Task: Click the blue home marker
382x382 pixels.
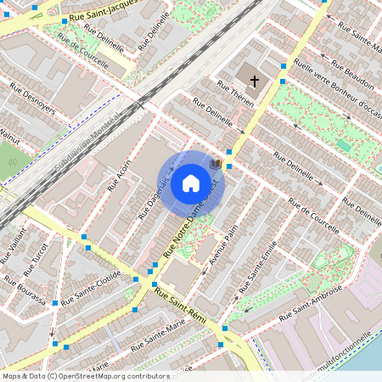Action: pyautogui.click(x=191, y=183)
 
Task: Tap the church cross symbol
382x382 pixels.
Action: pyautogui.click(x=254, y=80)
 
